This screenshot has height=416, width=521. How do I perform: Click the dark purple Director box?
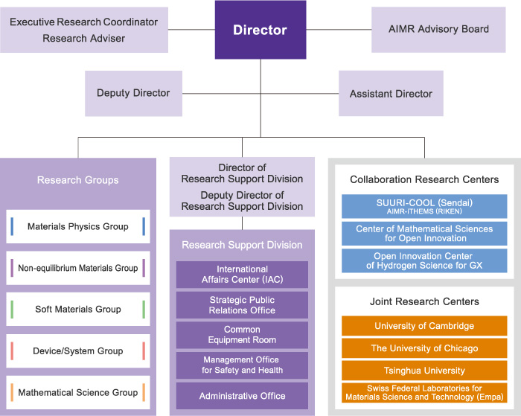[260, 30]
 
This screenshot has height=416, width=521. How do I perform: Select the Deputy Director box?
[133, 94]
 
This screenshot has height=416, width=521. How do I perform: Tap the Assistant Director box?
[391, 94]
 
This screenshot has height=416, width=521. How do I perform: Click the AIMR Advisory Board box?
[438, 30]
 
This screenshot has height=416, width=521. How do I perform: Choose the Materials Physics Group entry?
[78, 227]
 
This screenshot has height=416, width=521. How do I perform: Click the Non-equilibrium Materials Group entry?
[78, 268]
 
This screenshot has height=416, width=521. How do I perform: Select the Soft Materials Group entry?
[78, 310]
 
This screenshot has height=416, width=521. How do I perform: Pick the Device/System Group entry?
[78, 351]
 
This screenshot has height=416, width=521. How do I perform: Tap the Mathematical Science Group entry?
[78, 392]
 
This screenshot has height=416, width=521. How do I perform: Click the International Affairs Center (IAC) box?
[242, 275]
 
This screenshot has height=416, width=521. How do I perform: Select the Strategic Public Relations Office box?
[242, 305]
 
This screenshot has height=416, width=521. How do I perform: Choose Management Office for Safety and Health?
[242, 365]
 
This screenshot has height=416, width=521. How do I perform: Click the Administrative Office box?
[242, 396]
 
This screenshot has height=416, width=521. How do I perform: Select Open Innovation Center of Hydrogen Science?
[424, 260]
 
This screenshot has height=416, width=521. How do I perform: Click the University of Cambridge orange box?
[424, 326]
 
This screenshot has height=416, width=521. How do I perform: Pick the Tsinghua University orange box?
[424, 371]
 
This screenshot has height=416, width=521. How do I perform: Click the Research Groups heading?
[78, 180]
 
